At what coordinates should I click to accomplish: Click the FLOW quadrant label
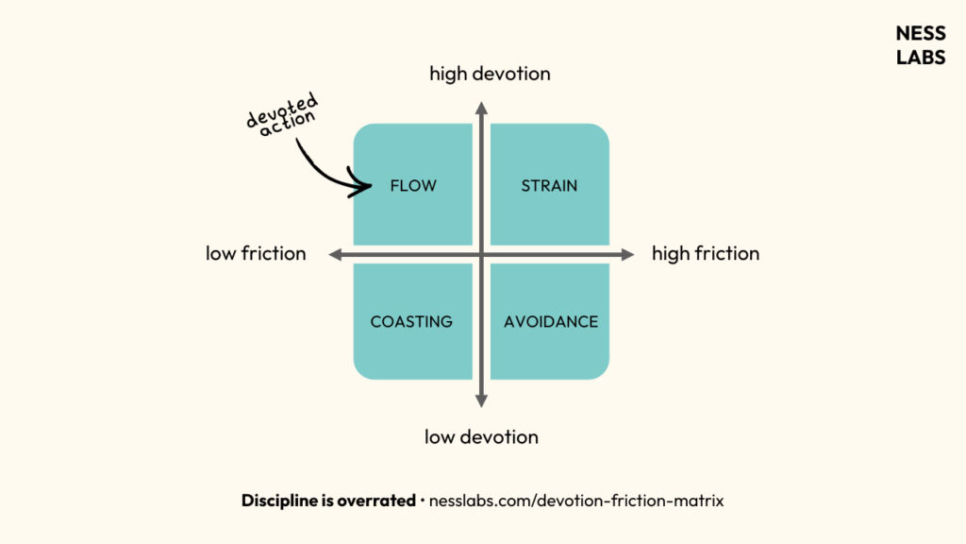(413, 186)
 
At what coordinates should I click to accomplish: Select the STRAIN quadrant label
(549, 186)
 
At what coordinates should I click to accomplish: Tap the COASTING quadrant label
(411, 322)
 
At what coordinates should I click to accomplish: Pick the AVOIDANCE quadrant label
(551, 322)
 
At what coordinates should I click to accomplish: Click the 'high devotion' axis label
(490, 74)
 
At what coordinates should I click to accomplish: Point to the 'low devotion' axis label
(481, 437)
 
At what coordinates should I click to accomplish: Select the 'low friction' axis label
(256, 254)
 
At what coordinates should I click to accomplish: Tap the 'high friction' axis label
(706, 254)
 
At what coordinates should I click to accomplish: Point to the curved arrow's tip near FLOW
(370, 187)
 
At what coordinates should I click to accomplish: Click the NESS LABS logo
(920, 44)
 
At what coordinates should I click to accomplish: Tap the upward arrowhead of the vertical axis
(481, 108)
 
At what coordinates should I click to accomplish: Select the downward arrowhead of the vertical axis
(481, 400)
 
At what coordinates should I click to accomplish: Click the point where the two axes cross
(481, 254)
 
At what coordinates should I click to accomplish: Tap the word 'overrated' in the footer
(375, 501)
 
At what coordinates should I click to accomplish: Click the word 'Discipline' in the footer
(280, 501)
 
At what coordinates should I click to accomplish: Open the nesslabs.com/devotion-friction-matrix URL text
(576, 501)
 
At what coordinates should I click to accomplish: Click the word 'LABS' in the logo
(920, 56)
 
